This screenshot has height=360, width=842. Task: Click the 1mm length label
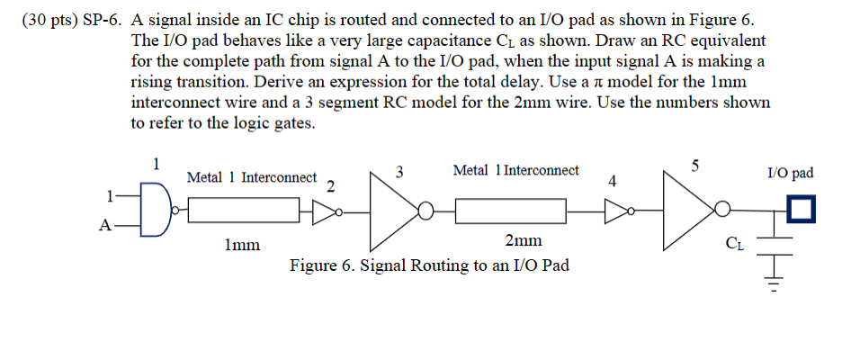(x=237, y=244)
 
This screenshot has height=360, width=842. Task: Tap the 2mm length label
(x=522, y=241)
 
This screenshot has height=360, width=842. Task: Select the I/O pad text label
(x=790, y=173)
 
